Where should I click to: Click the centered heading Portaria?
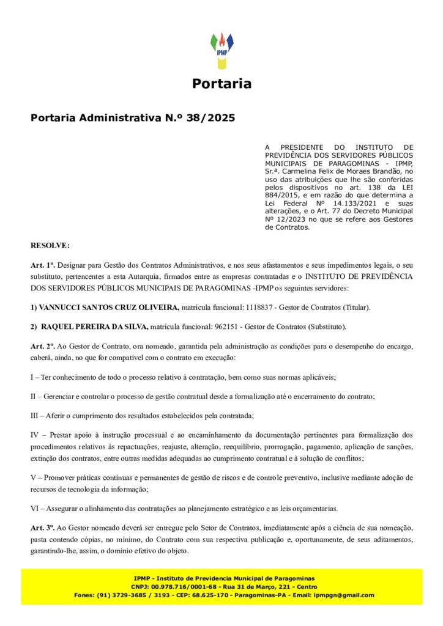click(221, 84)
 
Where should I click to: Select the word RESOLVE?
click(50, 245)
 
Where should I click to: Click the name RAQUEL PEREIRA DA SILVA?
click(95, 326)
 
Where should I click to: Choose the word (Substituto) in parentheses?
click(327, 326)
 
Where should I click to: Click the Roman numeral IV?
click(35, 435)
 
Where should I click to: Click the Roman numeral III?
click(36, 416)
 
